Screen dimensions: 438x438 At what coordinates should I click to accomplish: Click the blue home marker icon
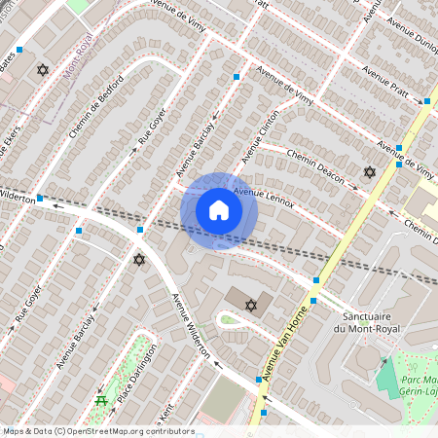[x=219, y=210]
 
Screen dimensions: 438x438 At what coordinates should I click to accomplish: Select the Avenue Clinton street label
[x=261, y=136]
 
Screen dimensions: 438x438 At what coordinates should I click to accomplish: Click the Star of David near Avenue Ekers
[x=42, y=70]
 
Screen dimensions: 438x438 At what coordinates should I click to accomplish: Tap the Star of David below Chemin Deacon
[x=369, y=172]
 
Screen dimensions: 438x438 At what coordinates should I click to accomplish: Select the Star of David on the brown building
[x=250, y=306]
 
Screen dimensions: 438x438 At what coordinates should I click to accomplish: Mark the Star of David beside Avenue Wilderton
[x=139, y=260]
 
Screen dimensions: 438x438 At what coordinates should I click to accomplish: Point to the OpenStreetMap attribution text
[x=97, y=431]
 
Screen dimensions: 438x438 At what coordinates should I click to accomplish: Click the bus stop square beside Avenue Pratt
[x=426, y=100]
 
